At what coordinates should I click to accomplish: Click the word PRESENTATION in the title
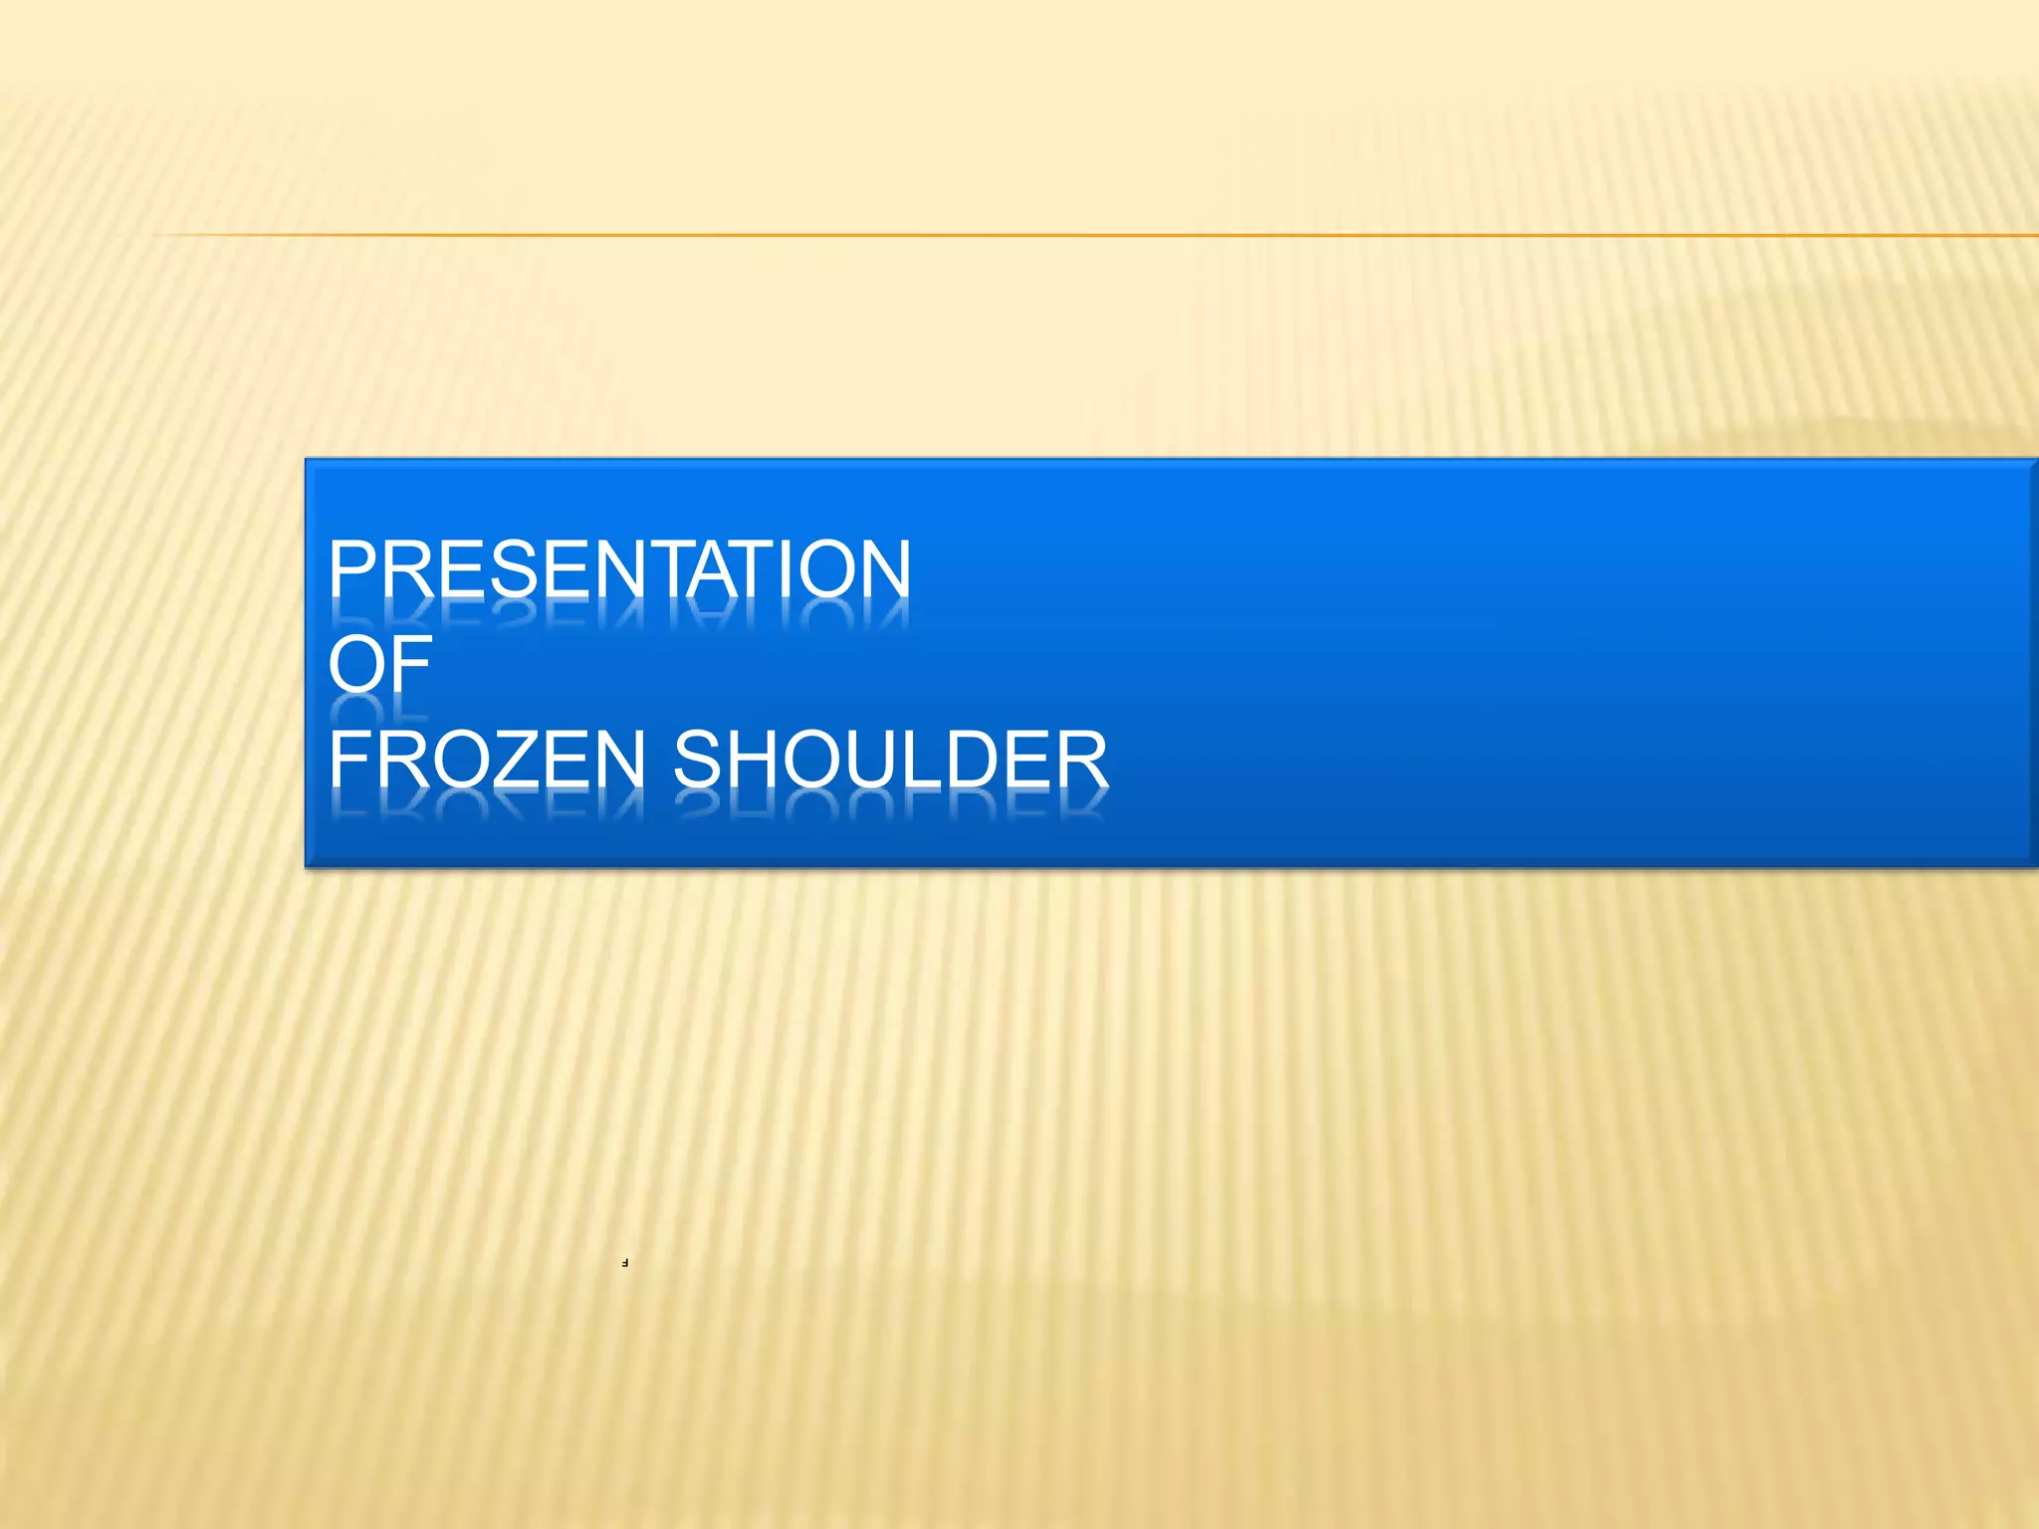tap(619, 568)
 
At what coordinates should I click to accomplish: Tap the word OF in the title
tap(379, 664)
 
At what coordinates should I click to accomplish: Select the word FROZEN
tap(487, 760)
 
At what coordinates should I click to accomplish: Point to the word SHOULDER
tap(890, 760)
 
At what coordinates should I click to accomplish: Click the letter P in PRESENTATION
tap(354, 568)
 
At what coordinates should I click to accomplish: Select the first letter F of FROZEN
tap(348, 760)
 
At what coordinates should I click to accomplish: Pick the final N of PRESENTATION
tap(881, 568)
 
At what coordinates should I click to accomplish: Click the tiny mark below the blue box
tap(624, 1263)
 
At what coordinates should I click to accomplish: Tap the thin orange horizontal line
tap(1095, 236)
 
